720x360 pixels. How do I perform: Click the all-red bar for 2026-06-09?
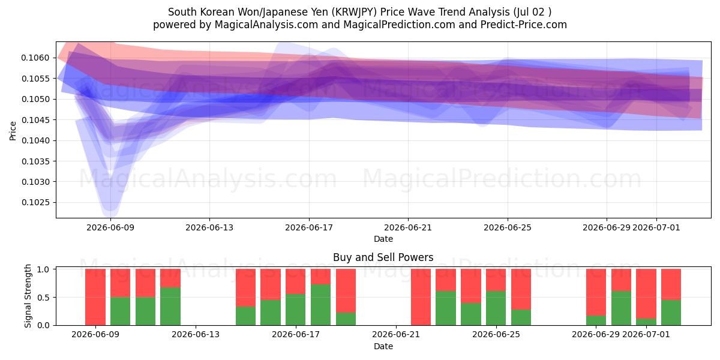(x=95, y=297)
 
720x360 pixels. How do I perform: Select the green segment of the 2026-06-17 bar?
(x=295, y=310)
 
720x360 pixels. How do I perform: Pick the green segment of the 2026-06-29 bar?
(x=596, y=320)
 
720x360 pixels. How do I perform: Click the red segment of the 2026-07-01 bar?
(x=646, y=294)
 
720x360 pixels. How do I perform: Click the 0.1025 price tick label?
(x=35, y=203)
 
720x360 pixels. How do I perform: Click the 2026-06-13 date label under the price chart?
(x=209, y=227)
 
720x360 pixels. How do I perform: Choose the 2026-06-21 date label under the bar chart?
(x=396, y=335)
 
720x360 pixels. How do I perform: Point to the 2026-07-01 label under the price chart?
(x=656, y=227)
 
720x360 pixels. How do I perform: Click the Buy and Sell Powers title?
(x=383, y=257)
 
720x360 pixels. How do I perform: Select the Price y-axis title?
(x=13, y=131)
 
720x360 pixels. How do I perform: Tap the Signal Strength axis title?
(x=28, y=296)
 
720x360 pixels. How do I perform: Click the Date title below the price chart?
(x=383, y=239)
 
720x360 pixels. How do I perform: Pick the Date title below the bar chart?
(x=383, y=346)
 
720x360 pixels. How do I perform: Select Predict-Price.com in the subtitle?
(x=524, y=25)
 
